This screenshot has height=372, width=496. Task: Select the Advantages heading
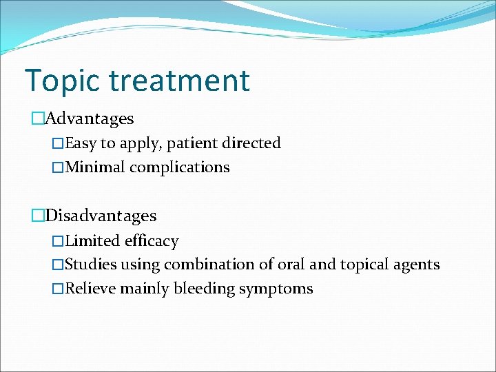(89, 118)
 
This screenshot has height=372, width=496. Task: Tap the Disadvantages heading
(101, 216)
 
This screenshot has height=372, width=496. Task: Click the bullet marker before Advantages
(37, 118)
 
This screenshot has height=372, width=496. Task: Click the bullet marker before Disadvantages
(37, 216)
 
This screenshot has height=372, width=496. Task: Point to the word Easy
(81, 143)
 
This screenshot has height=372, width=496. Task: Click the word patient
(192, 143)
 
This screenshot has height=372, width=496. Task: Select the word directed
(251, 143)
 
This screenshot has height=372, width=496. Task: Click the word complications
(180, 167)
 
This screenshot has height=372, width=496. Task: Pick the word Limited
(92, 241)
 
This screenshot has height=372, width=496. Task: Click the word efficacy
(152, 241)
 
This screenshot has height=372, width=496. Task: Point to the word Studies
(91, 265)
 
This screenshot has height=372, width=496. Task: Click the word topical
(364, 265)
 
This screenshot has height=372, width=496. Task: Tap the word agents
(418, 265)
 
